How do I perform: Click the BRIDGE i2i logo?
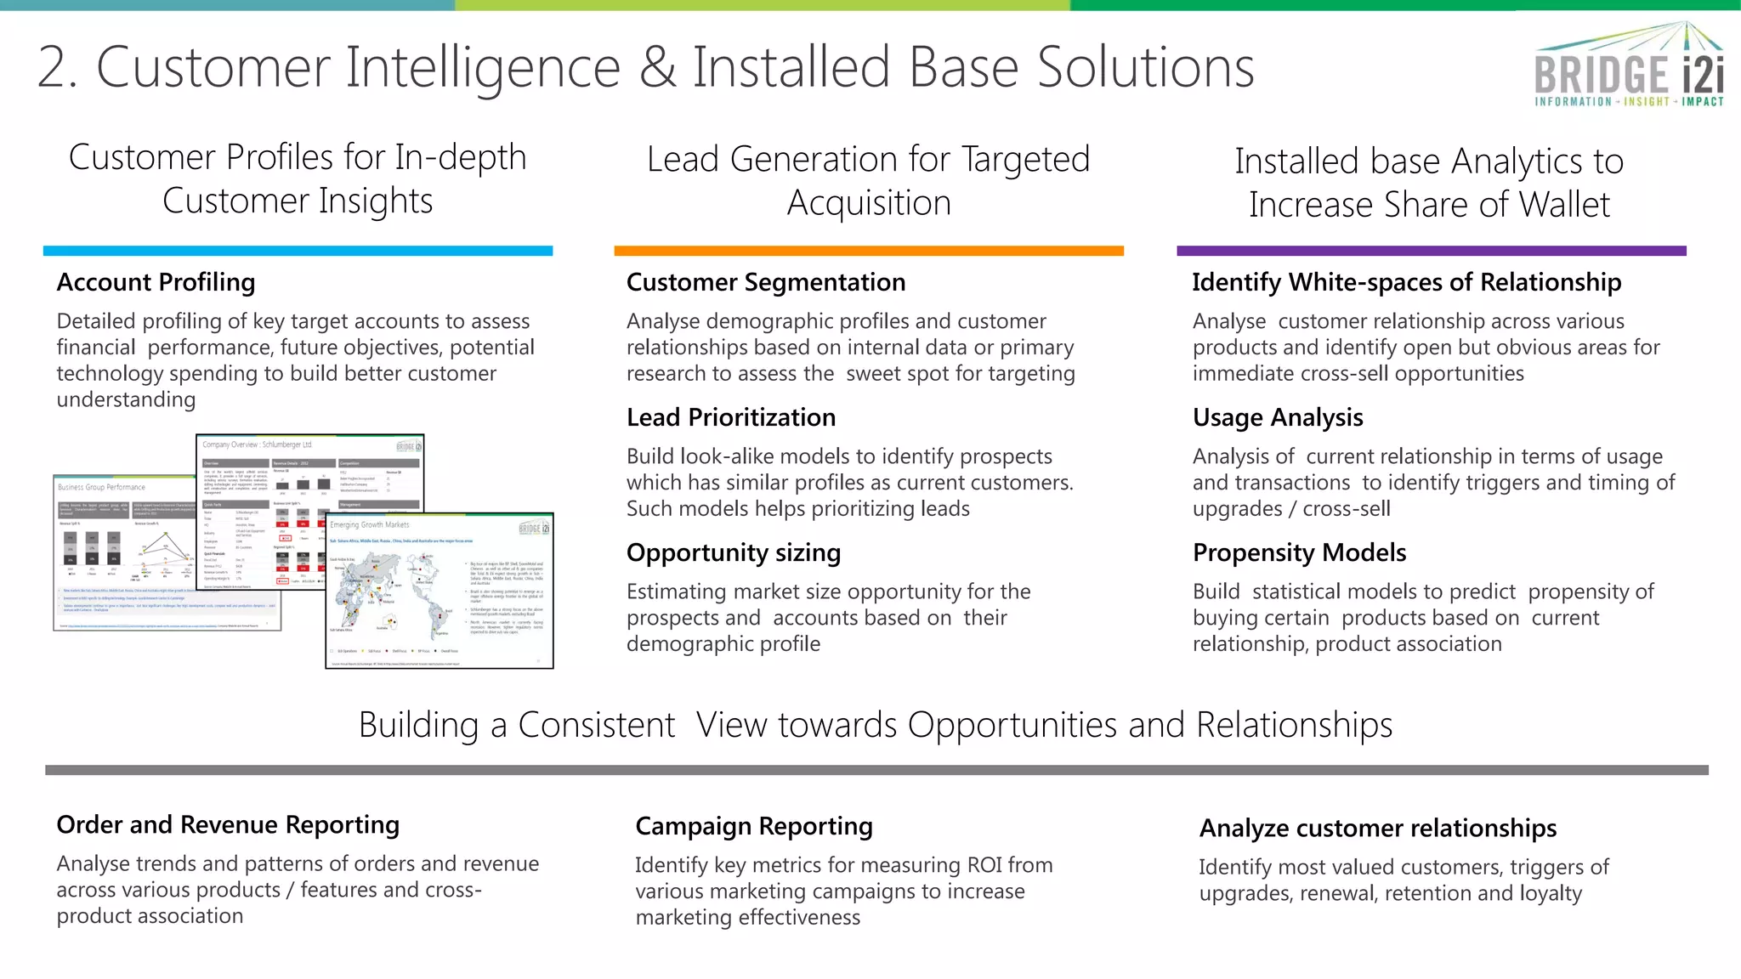coord(1629,68)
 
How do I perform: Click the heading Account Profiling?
coord(156,282)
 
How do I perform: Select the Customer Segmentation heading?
coord(765,282)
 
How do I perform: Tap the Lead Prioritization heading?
coord(730,417)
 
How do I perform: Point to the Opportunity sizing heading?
coord(733,552)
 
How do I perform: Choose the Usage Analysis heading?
coord(1277,417)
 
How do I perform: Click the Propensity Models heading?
coord(1299,552)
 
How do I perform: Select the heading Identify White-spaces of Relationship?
coord(1406,282)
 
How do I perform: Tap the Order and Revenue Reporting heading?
coord(228,824)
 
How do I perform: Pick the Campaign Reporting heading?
coord(753,826)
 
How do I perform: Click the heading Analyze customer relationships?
coord(1377,828)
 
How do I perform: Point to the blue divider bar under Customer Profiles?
coord(298,251)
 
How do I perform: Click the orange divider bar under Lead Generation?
coord(868,251)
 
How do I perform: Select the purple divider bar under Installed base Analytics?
coord(1431,251)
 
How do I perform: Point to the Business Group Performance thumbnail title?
coord(101,487)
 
